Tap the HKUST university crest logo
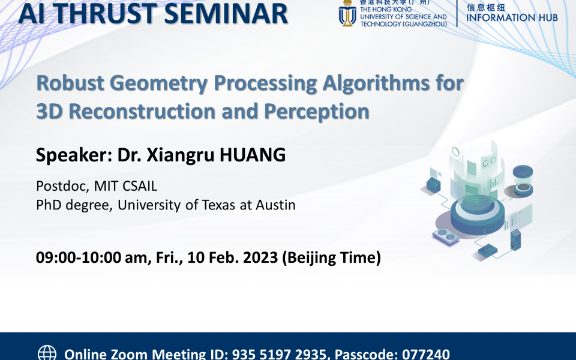point(347,14)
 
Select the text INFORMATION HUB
point(512,17)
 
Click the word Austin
point(274,205)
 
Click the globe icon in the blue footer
point(47,353)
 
